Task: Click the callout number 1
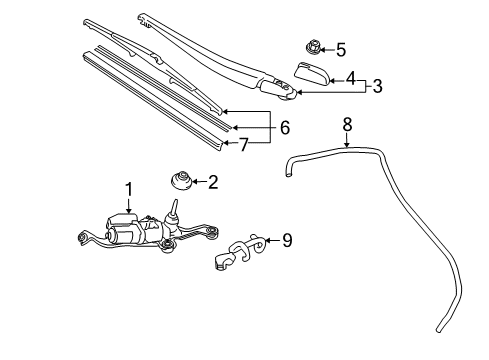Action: click(128, 188)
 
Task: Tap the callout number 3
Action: click(377, 86)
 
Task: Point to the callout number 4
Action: click(350, 76)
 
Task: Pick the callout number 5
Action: click(340, 48)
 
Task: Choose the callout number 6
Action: click(285, 128)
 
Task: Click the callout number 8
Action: click(347, 125)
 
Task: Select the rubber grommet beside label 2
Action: click(181, 183)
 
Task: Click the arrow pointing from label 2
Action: click(199, 182)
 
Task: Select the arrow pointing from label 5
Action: click(326, 48)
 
